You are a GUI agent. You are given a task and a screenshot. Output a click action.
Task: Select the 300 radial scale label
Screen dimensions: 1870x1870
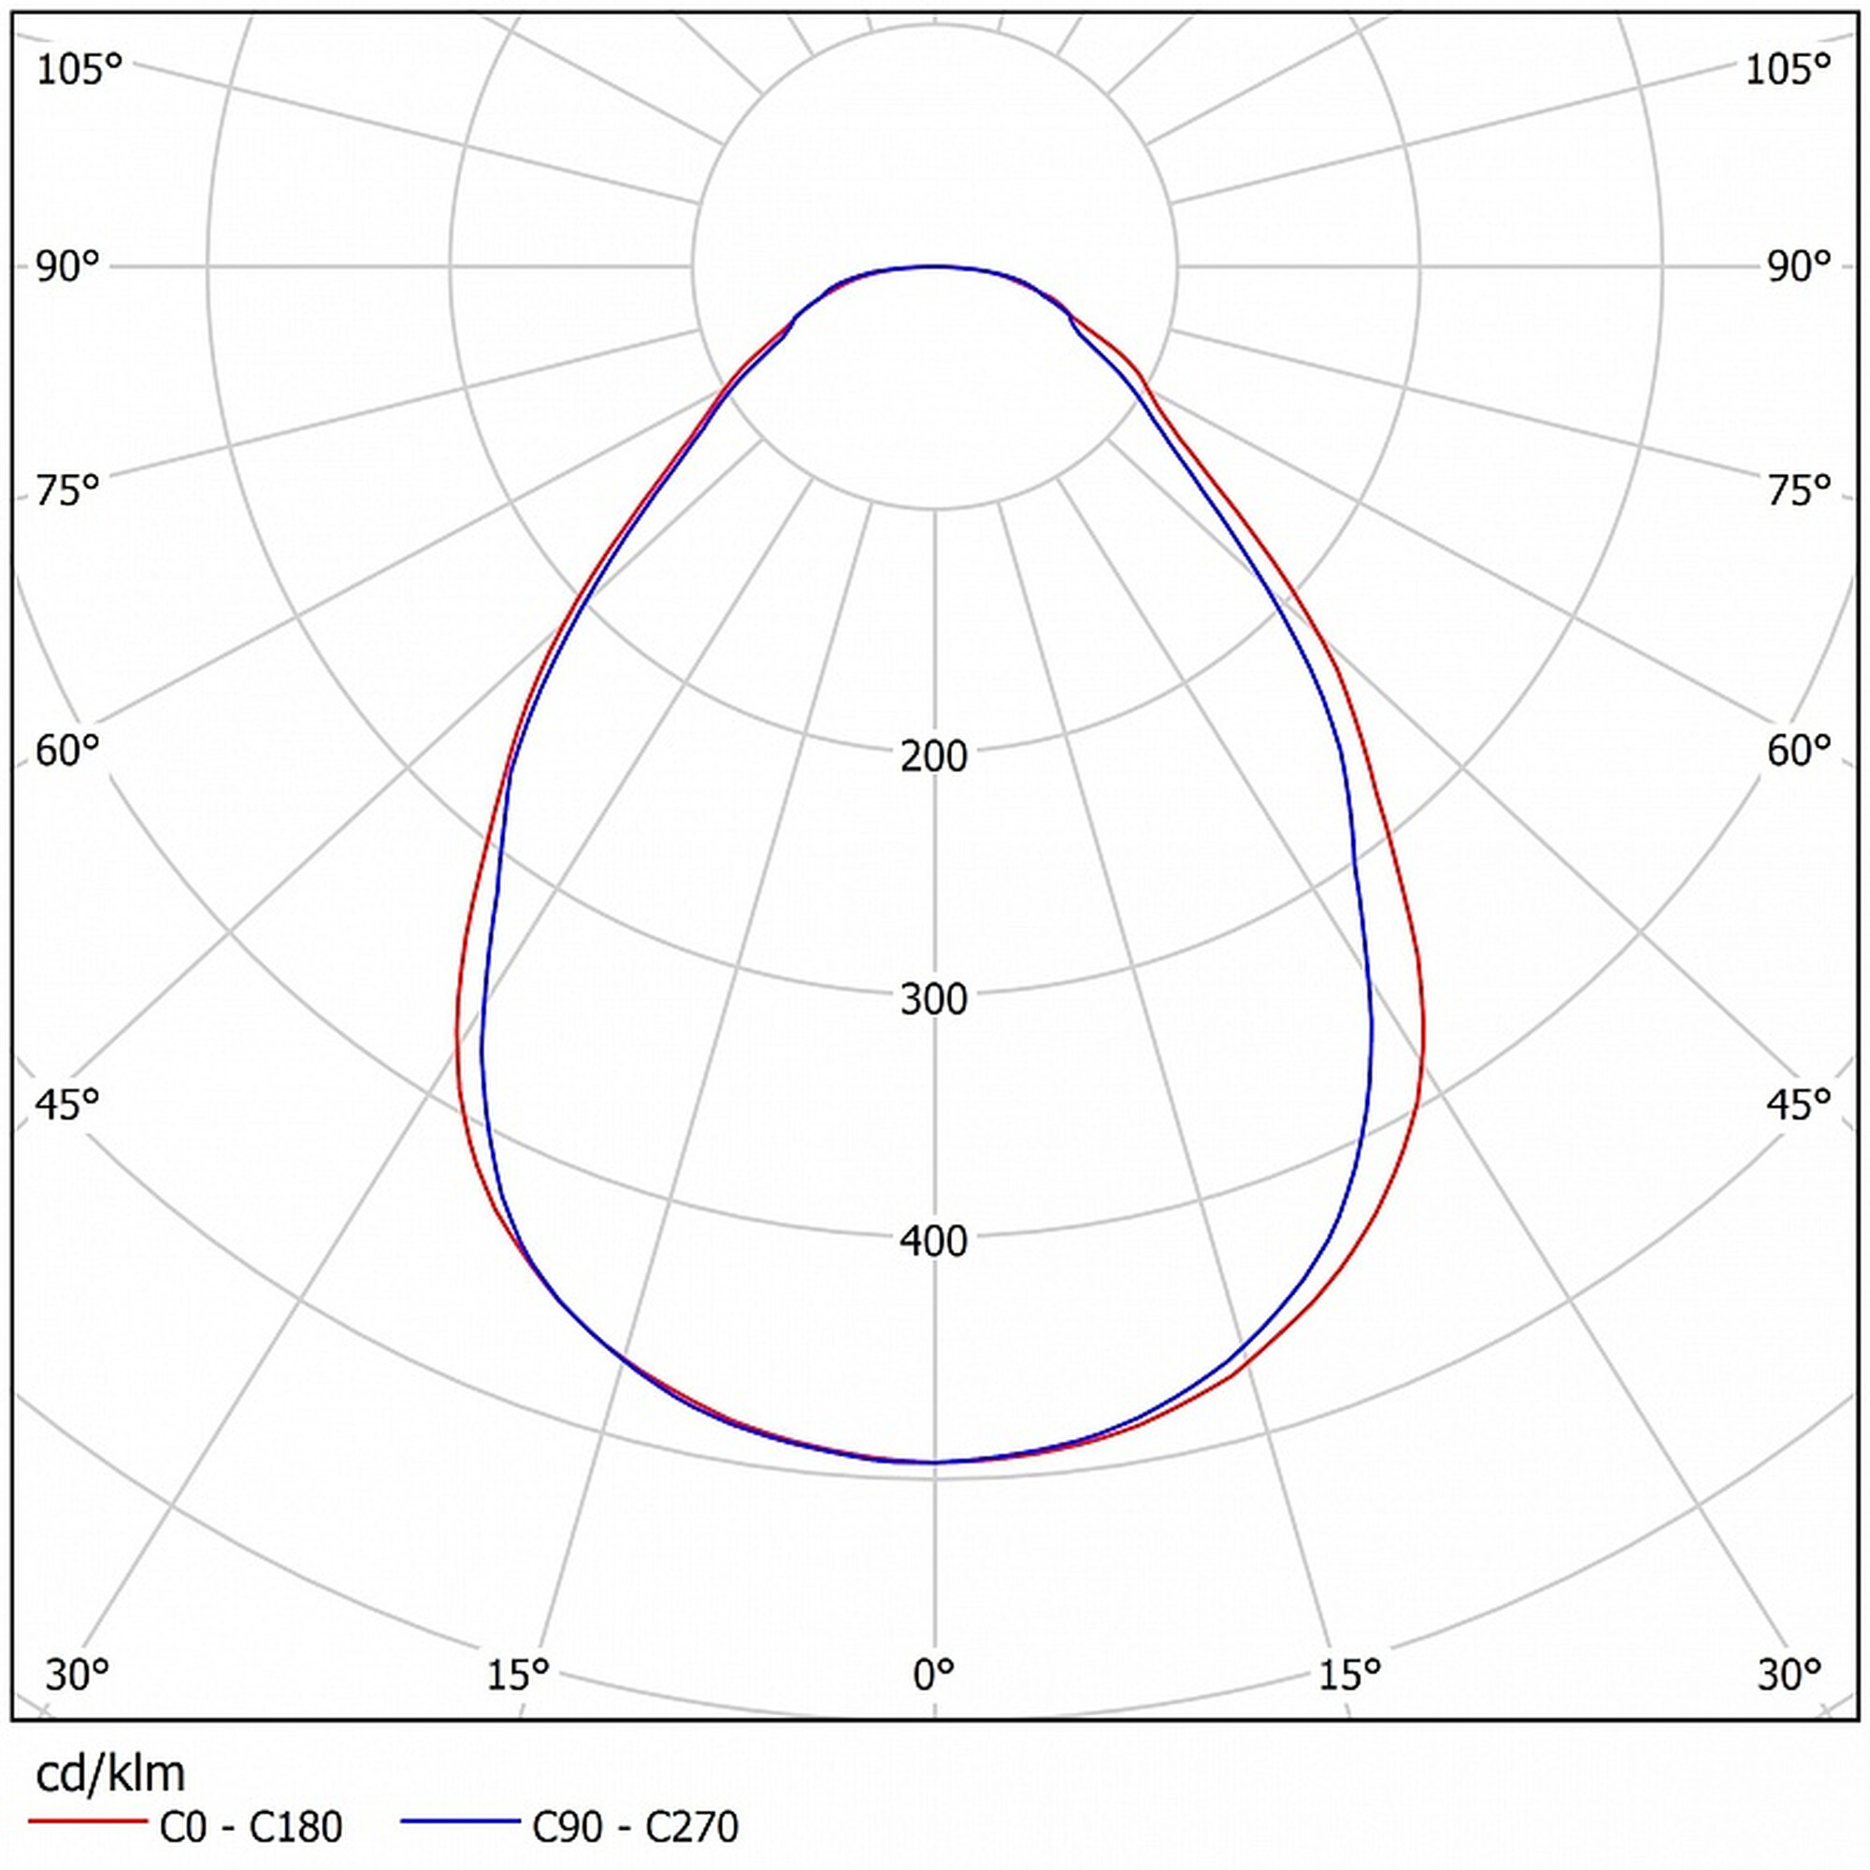(933, 999)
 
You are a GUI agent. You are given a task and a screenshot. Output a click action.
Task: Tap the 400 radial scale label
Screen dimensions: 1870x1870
(933, 1241)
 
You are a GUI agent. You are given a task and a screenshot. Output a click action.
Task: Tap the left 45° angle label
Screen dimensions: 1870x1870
(67, 1103)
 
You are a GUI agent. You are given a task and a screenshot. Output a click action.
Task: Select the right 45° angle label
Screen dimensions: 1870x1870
(1799, 1103)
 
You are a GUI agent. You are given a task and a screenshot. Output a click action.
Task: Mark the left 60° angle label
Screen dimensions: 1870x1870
(67, 750)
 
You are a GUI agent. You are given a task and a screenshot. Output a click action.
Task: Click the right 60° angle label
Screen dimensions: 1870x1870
(1799, 750)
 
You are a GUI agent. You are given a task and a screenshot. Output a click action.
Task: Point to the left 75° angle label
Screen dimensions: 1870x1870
(67, 491)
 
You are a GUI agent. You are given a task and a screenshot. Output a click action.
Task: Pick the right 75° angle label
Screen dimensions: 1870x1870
(1799, 491)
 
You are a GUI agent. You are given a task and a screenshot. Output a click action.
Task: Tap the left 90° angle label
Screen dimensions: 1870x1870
(67, 266)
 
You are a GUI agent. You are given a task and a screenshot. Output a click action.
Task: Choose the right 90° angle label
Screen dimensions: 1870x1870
(1799, 266)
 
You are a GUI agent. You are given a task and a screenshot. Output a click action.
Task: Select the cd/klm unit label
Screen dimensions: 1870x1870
(109, 1772)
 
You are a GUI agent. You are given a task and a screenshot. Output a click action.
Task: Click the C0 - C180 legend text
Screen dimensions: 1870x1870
(251, 1826)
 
